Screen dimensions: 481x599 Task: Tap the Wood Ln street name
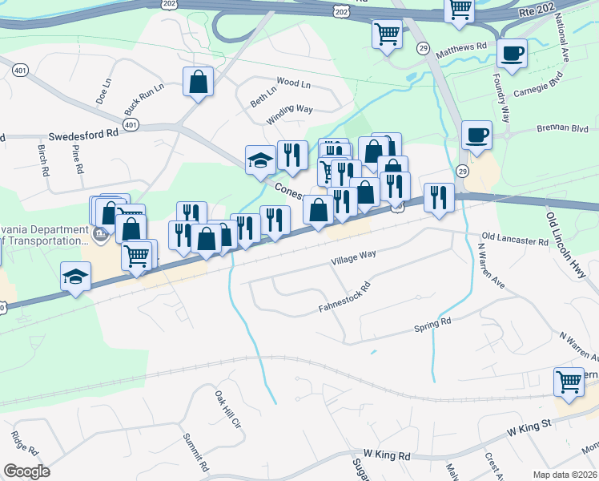(x=292, y=82)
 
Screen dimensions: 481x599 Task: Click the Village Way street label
(x=353, y=257)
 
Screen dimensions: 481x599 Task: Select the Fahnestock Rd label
(x=344, y=297)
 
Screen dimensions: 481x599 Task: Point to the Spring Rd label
(x=432, y=324)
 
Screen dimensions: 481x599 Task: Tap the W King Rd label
(x=386, y=455)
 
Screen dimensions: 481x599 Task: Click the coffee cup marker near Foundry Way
(x=511, y=55)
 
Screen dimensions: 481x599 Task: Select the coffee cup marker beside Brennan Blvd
(x=477, y=134)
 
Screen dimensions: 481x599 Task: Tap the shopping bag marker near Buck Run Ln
(x=197, y=82)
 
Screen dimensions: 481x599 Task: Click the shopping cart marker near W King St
(x=569, y=381)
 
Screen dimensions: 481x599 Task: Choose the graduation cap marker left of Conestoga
(x=259, y=159)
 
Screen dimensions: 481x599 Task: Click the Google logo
(x=27, y=471)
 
